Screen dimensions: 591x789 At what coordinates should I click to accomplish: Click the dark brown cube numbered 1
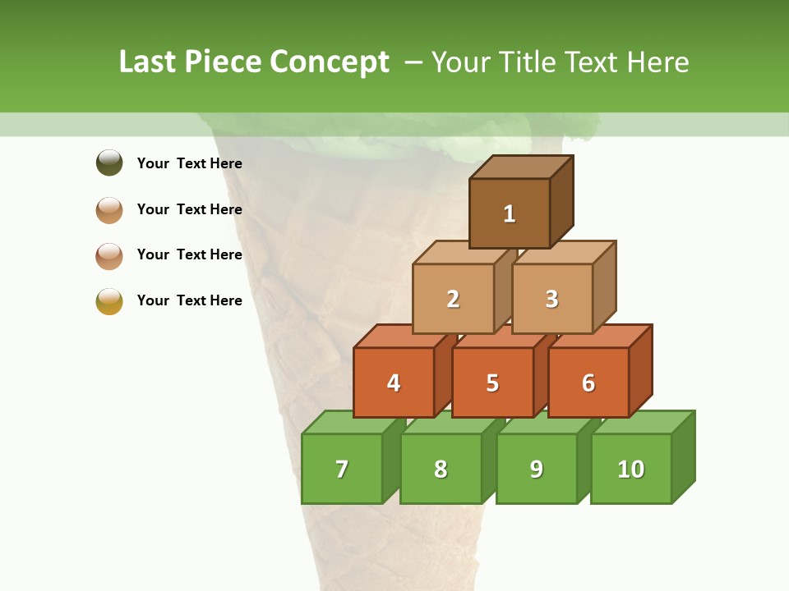[510, 213]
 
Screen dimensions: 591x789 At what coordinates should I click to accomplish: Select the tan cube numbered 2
[453, 299]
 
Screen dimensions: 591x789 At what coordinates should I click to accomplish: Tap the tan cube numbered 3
[551, 299]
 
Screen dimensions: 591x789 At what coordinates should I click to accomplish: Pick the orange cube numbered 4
[394, 383]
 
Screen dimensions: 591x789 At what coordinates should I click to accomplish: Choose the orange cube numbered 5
[492, 383]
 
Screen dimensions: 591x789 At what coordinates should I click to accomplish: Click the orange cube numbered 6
[588, 383]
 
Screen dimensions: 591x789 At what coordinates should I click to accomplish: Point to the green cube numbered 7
[342, 469]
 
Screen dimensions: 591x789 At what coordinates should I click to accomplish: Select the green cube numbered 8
[441, 469]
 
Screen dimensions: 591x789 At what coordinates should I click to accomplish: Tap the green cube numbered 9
[537, 469]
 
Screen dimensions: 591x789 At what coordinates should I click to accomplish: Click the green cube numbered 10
[631, 469]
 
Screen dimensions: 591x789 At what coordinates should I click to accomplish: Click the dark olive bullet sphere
[109, 163]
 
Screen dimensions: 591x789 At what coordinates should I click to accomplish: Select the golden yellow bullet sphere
[109, 301]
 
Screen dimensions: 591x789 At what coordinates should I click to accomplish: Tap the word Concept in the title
[330, 62]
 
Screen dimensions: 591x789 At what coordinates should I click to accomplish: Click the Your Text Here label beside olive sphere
[189, 163]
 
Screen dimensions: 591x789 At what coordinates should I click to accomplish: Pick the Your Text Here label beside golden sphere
[189, 300]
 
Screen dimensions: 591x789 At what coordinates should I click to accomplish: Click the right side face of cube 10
[684, 456]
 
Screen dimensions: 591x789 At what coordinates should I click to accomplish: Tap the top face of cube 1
[521, 167]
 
